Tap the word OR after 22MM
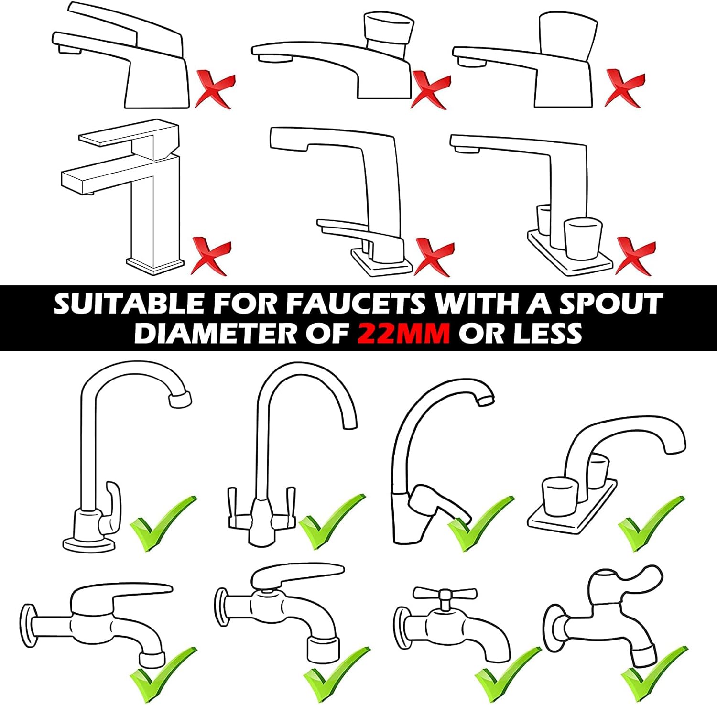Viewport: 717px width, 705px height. (480, 333)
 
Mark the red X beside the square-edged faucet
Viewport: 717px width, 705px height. (211, 257)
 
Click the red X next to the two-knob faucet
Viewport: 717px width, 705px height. (635, 256)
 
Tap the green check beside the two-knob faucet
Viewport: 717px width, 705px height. (650, 523)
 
